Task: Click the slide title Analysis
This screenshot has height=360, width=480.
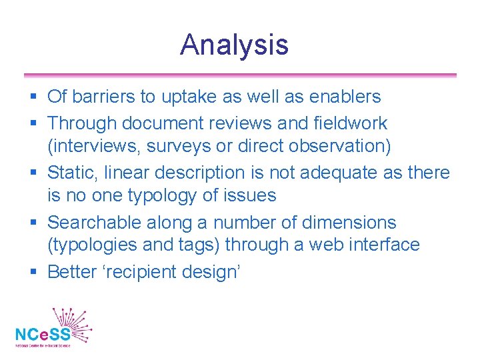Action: [x=234, y=45]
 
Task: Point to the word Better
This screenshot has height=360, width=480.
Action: [x=73, y=272]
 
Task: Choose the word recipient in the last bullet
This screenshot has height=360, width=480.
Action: [x=149, y=272]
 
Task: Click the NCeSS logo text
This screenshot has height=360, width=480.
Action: [x=43, y=334]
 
